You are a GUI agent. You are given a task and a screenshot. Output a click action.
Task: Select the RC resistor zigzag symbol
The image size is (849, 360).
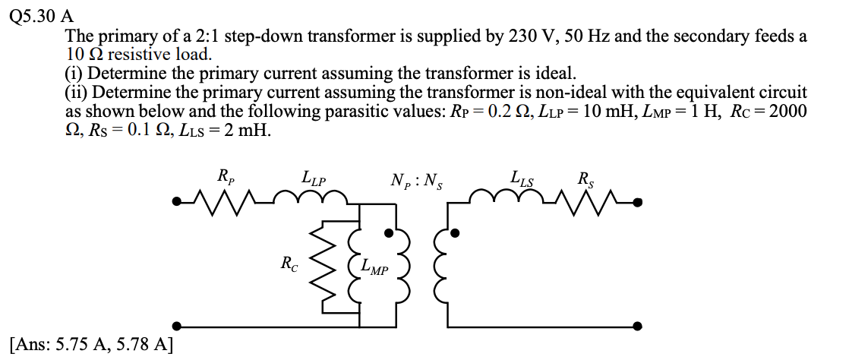point(327,267)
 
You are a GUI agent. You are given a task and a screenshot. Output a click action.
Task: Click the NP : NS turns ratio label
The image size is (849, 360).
point(416,181)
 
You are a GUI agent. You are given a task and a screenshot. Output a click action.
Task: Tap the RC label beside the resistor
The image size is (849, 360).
point(289,264)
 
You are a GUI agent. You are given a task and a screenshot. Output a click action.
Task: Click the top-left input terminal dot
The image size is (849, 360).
point(176,203)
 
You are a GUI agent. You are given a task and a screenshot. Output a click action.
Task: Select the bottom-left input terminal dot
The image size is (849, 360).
point(176,325)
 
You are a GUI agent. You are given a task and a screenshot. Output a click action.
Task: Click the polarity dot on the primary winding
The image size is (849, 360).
point(389,234)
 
